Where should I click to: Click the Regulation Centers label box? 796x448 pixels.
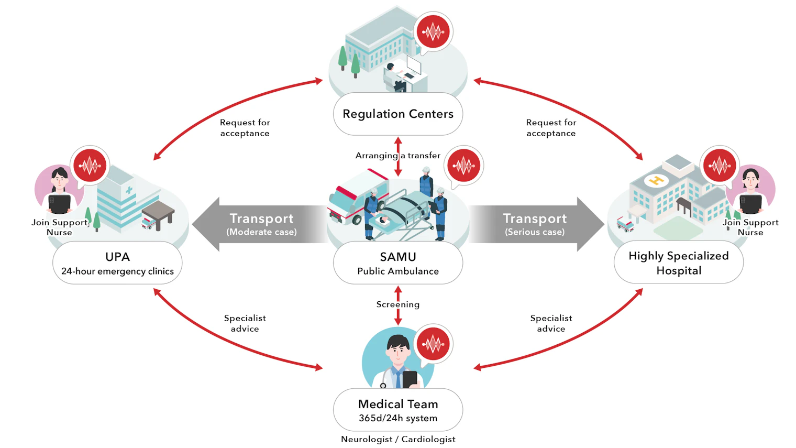[398, 114]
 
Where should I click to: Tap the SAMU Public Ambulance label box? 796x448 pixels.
[398, 263]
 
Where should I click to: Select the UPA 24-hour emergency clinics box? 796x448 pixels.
[117, 263]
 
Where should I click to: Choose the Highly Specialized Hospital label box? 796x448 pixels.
[678, 263]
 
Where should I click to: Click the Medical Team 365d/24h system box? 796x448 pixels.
[398, 410]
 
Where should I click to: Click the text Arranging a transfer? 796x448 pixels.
[397, 156]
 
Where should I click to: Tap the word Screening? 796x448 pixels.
[397, 304]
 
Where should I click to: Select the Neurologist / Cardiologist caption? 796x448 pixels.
[398, 439]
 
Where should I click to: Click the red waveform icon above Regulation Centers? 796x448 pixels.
[433, 31]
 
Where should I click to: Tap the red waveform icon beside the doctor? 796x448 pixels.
[433, 344]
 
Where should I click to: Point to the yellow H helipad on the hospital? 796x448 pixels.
[656, 181]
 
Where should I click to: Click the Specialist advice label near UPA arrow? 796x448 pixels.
[245, 323]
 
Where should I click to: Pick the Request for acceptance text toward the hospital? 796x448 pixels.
[551, 128]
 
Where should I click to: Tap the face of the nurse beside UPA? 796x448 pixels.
[59, 181]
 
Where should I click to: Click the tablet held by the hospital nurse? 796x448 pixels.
[750, 203]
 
